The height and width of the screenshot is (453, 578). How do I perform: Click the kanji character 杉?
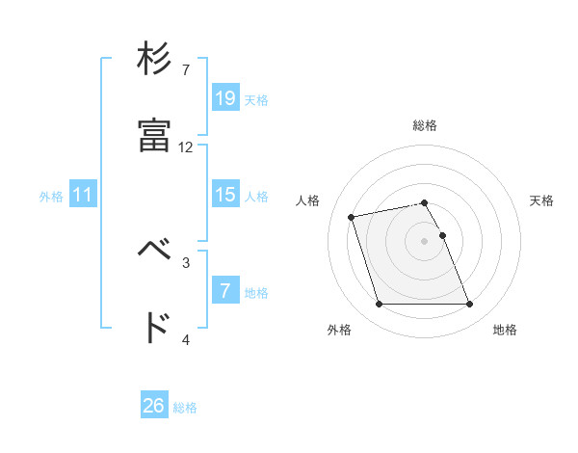pyautogui.click(x=154, y=60)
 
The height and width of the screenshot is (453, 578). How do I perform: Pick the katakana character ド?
pyautogui.click(x=154, y=329)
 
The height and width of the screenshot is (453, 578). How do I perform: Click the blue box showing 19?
pyautogui.click(x=224, y=97)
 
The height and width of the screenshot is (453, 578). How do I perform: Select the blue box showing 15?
pyautogui.click(x=224, y=195)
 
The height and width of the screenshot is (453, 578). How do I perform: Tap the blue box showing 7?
pyautogui.click(x=224, y=290)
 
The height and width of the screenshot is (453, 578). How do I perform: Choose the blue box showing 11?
pyautogui.click(x=83, y=195)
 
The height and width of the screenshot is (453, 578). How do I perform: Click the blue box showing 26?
pyautogui.click(x=154, y=406)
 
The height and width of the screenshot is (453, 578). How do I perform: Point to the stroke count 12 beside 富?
pyautogui.click(x=186, y=147)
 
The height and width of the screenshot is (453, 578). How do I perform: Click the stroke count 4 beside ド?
pyautogui.click(x=186, y=339)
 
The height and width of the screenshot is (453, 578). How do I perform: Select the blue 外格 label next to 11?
pyautogui.click(x=52, y=197)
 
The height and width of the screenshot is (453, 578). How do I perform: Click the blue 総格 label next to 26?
pyautogui.click(x=186, y=408)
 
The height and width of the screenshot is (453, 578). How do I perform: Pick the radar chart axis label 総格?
pyautogui.click(x=425, y=125)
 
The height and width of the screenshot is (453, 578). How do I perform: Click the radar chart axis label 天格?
pyautogui.click(x=541, y=200)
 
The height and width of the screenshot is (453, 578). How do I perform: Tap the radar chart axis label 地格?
pyautogui.click(x=505, y=331)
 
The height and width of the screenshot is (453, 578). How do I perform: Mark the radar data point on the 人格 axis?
pyautogui.click(x=352, y=216)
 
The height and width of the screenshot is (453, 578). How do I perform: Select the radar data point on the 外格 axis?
pyautogui.click(x=379, y=305)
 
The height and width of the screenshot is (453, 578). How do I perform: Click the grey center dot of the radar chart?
pyautogui.click(x=425, y=240)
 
